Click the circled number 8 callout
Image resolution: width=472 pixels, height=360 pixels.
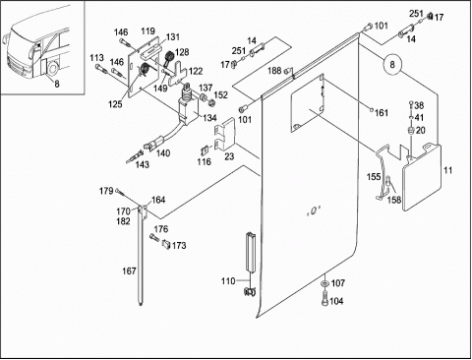392,64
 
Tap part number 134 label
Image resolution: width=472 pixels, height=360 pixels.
209,118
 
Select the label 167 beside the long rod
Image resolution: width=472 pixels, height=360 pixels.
129,271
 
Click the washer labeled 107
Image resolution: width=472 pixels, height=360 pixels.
324,283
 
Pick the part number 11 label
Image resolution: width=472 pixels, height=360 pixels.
448,170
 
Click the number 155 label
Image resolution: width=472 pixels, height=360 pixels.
374,177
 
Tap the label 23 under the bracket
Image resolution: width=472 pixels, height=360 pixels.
229,156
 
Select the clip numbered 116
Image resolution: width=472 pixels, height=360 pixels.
205,150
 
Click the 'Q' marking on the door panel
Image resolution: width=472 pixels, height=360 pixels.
314,211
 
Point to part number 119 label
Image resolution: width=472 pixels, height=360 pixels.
148,31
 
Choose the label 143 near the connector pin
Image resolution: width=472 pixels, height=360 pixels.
143,164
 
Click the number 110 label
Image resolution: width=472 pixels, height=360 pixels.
228,281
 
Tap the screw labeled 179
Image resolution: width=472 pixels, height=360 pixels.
120,192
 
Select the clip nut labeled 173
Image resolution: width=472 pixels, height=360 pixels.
166,245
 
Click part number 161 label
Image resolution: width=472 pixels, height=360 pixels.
382,113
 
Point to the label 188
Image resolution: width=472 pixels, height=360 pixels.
274,71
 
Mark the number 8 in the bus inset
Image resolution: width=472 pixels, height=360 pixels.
57,85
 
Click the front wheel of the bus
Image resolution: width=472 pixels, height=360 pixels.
52,68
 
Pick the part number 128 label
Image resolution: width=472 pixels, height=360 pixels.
182,52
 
